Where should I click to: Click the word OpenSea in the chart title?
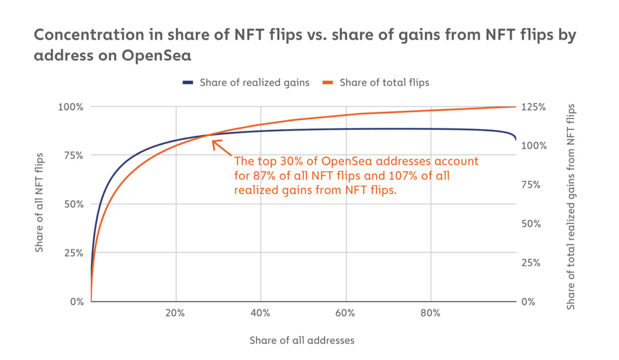click(x=156, y=55)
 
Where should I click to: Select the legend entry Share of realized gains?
click(x=254, y=83)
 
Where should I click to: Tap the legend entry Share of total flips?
click(x=384, y=83)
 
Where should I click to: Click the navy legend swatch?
click(x=188, y=83)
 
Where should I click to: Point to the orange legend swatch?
click(x=328, y=83)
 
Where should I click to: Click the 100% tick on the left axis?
click(x=71, y=107)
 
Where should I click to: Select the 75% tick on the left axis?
click(x=73, y=155)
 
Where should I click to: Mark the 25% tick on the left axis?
click(x=73, y=253)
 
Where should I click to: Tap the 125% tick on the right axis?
click(x=533, y=107)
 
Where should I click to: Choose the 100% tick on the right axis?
click(x=534, y=145)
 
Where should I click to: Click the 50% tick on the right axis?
click(x=531, y=224)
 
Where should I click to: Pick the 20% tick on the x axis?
click(x=175, y=313)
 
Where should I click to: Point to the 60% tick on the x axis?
click(x=345, y=313)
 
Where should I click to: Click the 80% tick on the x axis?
click(x=430, y=313)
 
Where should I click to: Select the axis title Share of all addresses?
click(x=302, y=340)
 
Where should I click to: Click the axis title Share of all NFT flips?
click(x=39, y=203)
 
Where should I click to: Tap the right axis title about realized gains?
click(x=571, y=207)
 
